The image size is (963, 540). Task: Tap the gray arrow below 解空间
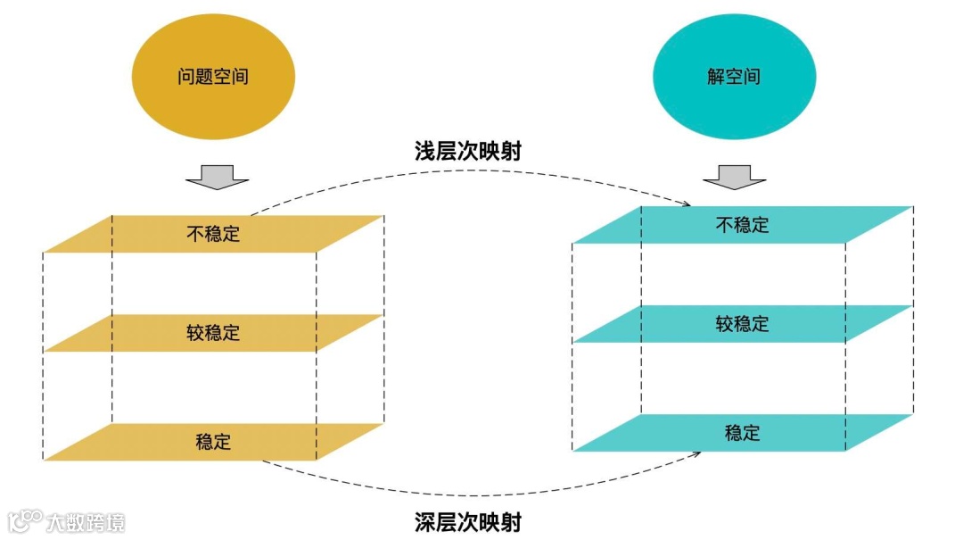point(734,177)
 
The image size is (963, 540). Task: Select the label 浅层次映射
point(467,151)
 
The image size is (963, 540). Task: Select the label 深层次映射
point(467,520)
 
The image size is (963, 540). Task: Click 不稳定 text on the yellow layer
point(213,234)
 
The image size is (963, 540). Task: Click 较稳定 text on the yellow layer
point(213,333)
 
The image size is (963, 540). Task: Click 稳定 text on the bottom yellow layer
point(213,442)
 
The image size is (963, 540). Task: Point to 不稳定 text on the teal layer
point(742,224)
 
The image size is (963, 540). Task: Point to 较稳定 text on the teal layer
point(742,323)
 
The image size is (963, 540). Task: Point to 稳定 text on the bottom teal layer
point(742,433)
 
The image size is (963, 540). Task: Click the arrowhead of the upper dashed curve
point(686,204)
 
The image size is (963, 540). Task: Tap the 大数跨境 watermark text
point(86,522)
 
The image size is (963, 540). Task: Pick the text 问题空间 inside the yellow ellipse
point(212,77)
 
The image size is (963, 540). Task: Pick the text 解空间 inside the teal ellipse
point(734,77)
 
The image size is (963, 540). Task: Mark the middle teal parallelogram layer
point(642,324)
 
